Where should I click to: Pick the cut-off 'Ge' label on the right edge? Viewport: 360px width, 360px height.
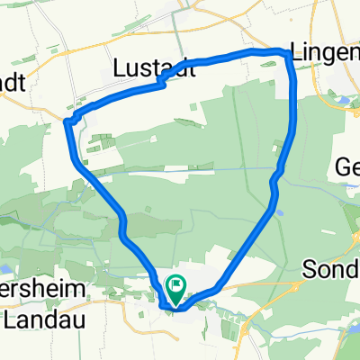pos(347,166)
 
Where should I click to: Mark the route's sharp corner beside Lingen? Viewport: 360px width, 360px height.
pos(289,57)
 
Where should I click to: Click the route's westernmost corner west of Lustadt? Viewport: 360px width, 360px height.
pos(67,120)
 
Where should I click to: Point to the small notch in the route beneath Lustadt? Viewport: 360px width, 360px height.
pos(160,84)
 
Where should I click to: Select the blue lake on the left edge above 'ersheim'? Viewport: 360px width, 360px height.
pos(4,267)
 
